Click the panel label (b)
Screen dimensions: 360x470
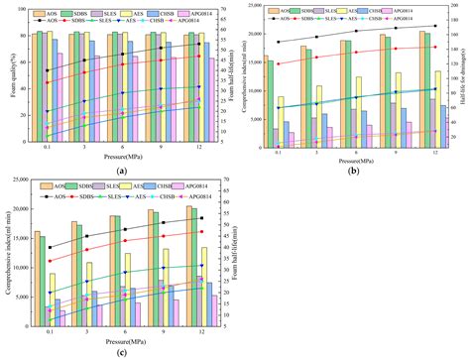[354, 171]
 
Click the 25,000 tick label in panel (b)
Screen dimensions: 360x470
[256, 7]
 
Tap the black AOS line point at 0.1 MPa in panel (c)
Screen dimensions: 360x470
[50, 247]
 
